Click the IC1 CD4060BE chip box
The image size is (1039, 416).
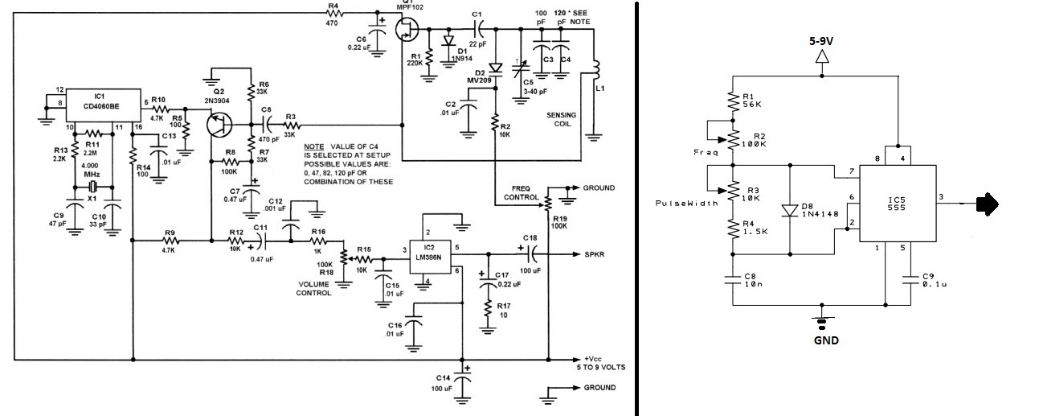[103, 105]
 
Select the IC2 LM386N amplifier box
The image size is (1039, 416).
[430, 257]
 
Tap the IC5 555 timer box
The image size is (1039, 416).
[898, 204]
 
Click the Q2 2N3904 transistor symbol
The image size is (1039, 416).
[219, 125]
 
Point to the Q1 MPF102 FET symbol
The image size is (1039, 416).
[407, 29]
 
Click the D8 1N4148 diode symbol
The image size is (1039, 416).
[790, 210]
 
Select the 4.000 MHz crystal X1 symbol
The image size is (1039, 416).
[93, 187]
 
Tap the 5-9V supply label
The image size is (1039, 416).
[821, 41]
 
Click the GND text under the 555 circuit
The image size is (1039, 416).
[826, 340]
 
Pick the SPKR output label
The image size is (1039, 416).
[594, 254]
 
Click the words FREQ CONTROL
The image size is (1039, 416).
[522, 192]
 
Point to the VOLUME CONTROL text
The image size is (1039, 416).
[314, 288]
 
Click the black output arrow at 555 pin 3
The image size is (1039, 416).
[988, 204]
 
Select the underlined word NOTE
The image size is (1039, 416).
[314, 146]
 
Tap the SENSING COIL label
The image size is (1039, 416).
[561, 119]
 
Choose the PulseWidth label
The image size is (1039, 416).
[686, 203]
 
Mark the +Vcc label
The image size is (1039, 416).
[593, 359]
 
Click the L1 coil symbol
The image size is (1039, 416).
[595, 71]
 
